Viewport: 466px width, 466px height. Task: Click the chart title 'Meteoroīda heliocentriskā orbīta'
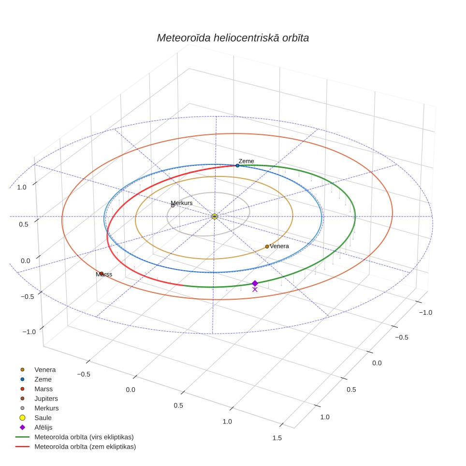point(233,38)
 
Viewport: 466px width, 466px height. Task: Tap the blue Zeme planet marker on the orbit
point(237,165)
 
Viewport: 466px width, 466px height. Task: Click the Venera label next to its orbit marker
point(279,246)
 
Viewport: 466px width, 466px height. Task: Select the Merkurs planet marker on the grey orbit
point(173,205)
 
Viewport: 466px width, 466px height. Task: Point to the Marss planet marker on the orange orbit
point(102,274)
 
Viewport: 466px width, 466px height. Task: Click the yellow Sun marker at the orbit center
point(215,217)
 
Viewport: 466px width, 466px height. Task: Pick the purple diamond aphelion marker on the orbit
point(255,283)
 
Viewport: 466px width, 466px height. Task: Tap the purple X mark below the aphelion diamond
point(255,290)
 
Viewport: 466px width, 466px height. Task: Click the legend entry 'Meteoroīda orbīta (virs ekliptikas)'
point(74,437)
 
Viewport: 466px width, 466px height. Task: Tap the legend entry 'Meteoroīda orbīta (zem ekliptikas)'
point(76,447)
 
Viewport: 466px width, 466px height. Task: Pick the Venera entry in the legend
point(38,370)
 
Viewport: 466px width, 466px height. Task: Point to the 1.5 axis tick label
point(277,438)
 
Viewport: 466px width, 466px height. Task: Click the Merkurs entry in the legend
point(39,408)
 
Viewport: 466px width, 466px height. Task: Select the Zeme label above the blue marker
point(247,161)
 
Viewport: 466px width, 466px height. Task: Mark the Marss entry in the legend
point(36,389)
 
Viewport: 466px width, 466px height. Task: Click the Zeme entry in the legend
point(36,379)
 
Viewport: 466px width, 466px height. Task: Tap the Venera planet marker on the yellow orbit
point(267,247)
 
